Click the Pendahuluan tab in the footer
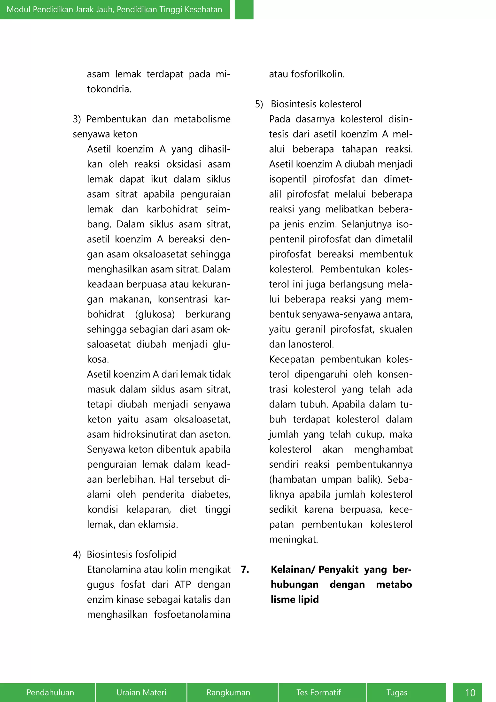[50, 692]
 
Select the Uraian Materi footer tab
[141, 692]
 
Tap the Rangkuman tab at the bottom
[228, 692]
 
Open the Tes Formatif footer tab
[318, 692]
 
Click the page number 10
[470, 693]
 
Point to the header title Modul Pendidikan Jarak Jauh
[114, 9]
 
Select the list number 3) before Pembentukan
[77, 119]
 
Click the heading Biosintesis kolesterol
[316, 104]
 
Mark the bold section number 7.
[245, 569]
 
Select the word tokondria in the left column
[109, 89]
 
